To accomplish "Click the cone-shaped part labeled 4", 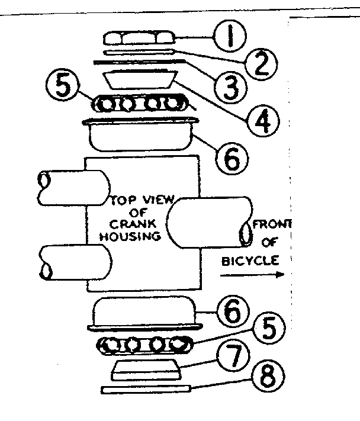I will tap(140, 79).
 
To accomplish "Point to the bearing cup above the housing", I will tap(140, 135).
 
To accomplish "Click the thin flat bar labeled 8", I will tap(145, 390).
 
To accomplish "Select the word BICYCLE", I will tap(252, 260).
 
